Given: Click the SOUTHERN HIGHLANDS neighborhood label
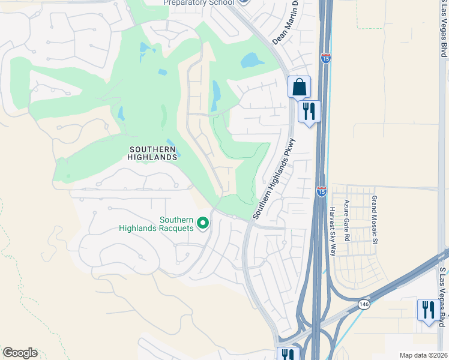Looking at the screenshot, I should pos(152,152).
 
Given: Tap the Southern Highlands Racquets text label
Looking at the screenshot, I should pos(156,224).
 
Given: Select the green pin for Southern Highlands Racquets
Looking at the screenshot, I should pos(203,224).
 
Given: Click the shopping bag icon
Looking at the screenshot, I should pos(299,88).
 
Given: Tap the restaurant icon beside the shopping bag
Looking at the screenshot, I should pos(309,112).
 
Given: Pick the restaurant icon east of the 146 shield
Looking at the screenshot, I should pos(429,311).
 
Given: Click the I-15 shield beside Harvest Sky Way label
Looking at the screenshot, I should pos(322,191).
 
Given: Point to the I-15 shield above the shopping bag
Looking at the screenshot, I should pos(325,58).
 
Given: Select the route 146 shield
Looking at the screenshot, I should pos(364,304).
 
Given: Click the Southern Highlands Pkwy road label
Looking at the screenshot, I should pos(274,179).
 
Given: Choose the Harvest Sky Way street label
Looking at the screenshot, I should pos(332,232).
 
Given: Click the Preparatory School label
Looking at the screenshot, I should pos(199,3).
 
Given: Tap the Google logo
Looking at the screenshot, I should pos(20,353).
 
